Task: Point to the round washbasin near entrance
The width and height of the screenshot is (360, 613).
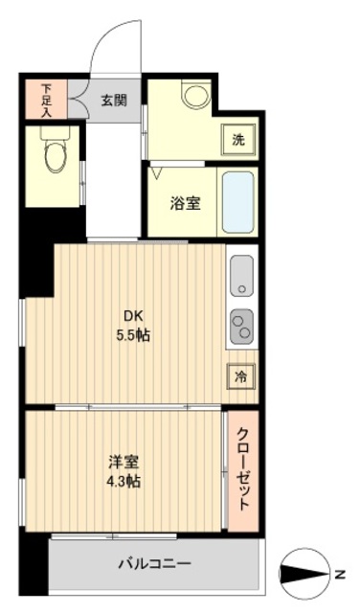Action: [195, 95]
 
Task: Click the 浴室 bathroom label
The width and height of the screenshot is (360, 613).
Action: [185, 203]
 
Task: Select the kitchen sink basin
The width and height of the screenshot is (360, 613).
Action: [241, 276]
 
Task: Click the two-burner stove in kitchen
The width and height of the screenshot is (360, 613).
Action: [241, 327]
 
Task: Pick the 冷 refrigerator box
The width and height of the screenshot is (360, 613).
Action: [240, 375]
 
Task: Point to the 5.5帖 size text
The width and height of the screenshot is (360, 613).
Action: [132, 336]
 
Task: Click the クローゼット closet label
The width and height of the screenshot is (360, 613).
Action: [243, 468]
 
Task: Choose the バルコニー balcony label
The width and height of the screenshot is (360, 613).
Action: [154, 563]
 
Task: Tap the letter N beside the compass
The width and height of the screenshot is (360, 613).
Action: [340, 575]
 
